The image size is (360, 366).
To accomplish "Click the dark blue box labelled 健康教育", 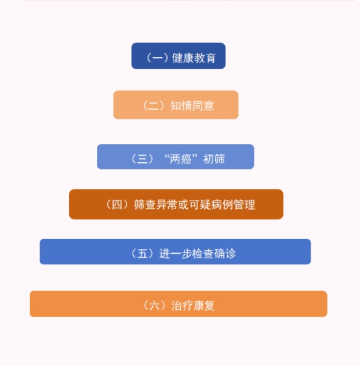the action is pos(178,56).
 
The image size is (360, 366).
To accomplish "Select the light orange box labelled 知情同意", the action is pos(176,105).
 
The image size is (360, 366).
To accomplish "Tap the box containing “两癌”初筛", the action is pos(175,156).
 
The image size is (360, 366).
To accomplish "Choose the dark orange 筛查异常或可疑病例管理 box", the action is pos(176,204).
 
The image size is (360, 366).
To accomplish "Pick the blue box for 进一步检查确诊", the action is pos(175,252).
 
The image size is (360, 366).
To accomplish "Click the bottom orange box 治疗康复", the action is pos(179,304).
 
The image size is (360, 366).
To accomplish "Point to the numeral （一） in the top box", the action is pos(157,58).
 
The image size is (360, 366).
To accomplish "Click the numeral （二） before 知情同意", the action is pos(153,106).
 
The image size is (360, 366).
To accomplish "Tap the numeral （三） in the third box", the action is pos(142,159).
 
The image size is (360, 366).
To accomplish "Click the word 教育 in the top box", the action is pos(205,58).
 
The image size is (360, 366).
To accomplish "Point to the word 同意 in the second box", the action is pos(203,106).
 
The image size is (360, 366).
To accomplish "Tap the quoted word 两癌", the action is pos(181,159).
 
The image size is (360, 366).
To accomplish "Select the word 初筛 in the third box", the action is pos(214,159).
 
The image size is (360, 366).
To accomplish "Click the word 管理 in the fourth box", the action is pos(244,204).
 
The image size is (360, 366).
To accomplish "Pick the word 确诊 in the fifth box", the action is pos(225,254).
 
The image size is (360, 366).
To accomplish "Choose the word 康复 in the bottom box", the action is pos(203,306).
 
